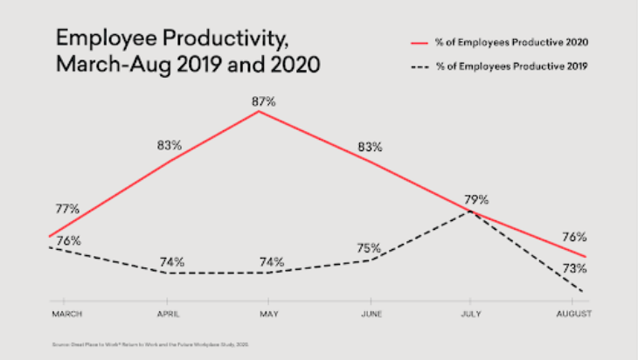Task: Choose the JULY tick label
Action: (x=471, y=313)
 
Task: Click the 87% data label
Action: (x=263, y=101)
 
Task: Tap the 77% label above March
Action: (x=66, y=209)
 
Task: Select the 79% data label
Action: (x=476, y=199)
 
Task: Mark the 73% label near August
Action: (x=574, y=268)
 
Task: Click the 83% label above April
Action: (x=169, y=144)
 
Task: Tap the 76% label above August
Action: (x=574, y=237)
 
